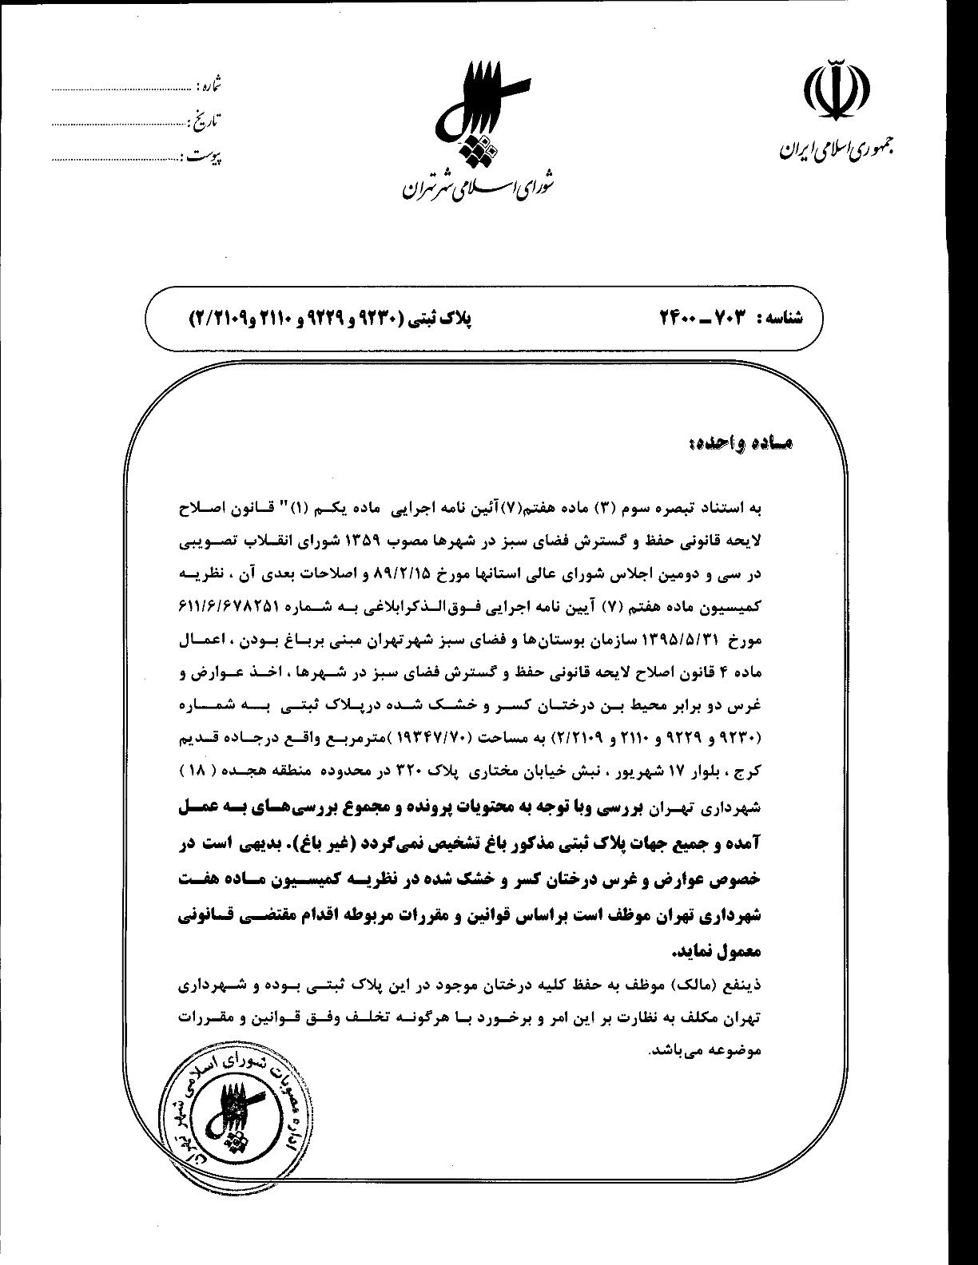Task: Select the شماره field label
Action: (209, 82)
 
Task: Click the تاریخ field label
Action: (205, 121)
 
